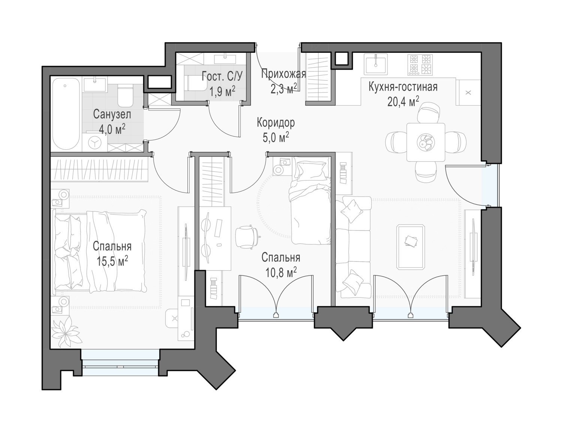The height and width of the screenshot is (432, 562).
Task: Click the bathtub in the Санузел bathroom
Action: coord(66,114)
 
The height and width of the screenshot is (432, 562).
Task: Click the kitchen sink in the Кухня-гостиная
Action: coord(375,64)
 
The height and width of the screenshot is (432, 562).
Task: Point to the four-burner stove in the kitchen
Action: coord(420,65)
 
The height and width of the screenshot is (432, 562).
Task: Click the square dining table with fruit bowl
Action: coord(426,142)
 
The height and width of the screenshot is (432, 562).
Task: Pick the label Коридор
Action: coord(276,123)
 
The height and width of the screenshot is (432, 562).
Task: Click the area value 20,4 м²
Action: coord(403,101)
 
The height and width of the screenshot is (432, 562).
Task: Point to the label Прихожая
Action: coord(284,74)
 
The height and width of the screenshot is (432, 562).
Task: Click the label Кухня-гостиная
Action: coord(403,87)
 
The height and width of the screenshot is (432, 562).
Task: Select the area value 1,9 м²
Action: coord(222,91)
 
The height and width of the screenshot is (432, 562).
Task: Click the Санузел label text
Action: coord(112,115)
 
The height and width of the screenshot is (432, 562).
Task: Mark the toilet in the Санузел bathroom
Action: coord(125,95)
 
